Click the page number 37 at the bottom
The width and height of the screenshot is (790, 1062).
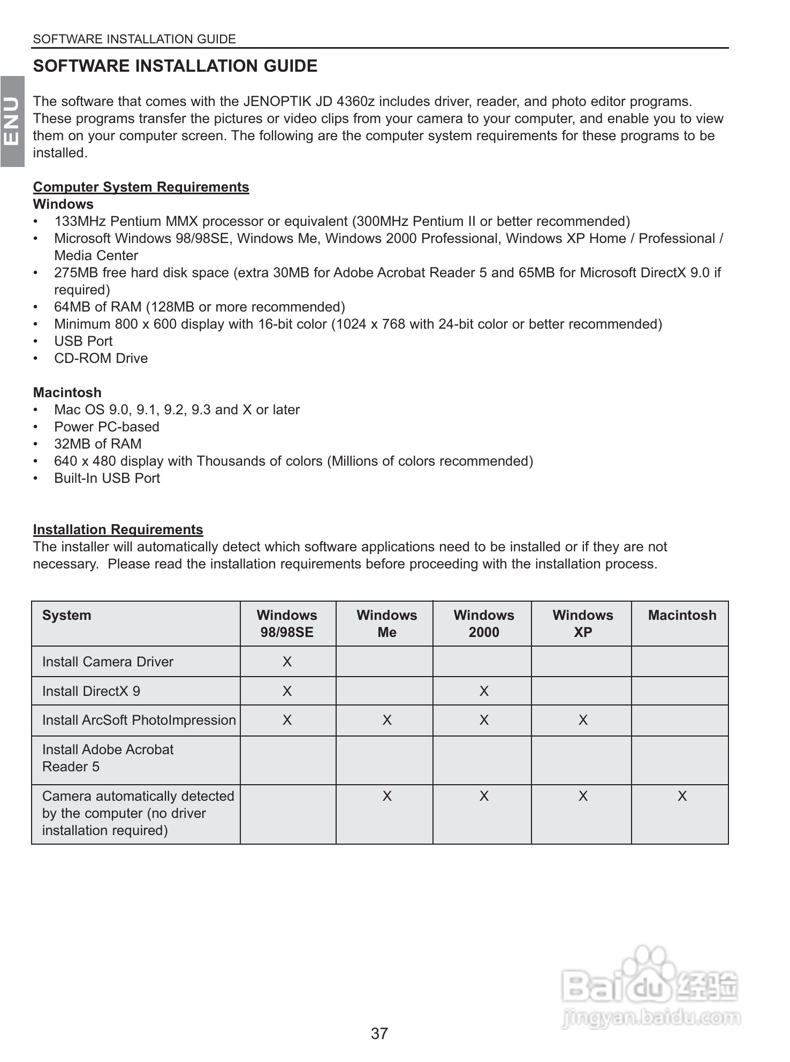[379, 1033]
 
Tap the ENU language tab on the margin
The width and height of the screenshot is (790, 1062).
[12, 122]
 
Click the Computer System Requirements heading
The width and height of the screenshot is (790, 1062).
[141, 187]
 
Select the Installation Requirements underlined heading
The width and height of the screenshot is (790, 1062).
[118, 529]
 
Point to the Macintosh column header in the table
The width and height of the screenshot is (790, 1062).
[682, 615]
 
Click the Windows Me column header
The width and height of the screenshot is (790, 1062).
[386, 623]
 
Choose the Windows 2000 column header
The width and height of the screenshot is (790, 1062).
[483, 623]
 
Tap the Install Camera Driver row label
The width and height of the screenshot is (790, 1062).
[108, 662]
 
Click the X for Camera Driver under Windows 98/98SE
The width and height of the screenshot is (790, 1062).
[287, 662]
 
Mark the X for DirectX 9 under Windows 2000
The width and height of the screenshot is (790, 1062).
[484, 691]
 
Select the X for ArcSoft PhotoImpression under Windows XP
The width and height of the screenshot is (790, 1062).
[583, 720]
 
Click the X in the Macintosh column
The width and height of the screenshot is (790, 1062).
[682, 796]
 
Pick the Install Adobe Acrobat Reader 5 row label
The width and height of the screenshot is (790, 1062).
[108, 758]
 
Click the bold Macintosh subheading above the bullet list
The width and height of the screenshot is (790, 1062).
[67, 392]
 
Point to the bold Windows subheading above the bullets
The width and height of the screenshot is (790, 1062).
[63, 204]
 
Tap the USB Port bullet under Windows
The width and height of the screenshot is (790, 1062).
[83, 341]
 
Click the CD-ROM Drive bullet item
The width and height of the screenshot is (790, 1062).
[101, 358]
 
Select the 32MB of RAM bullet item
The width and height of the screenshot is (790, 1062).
[97, 444]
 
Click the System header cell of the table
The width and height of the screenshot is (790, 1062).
[66, 615]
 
